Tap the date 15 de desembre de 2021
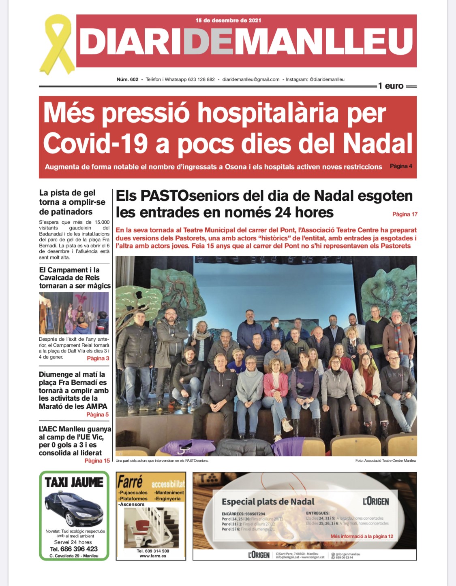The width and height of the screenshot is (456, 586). [x=228, y=20]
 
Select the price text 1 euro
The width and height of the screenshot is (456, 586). [x=391, y=86]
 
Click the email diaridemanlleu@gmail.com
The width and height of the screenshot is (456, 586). [x=251, y=79]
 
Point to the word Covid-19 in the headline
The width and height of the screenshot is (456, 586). [x=95, y=144]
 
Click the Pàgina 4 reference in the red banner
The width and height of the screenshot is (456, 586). [x=401, y=166]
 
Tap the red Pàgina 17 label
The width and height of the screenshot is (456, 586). [x=405, y=214]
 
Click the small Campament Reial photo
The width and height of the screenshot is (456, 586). [x=74, y=313]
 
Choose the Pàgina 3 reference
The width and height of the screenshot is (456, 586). [x=98, y=358]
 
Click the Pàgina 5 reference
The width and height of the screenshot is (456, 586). [x=97, y=414]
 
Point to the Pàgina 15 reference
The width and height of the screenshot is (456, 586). [x=97, y=461]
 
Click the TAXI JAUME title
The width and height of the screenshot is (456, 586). [x=74, y=482]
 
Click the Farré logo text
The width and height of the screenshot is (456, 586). [x=130, y=482]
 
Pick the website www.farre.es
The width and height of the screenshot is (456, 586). [x=152, y=556]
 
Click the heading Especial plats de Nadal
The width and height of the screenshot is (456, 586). [x=268, y=502]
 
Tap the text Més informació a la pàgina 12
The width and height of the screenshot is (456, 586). [x=362, y=536]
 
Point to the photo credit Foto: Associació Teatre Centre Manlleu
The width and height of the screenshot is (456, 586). [x=385, y=461]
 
